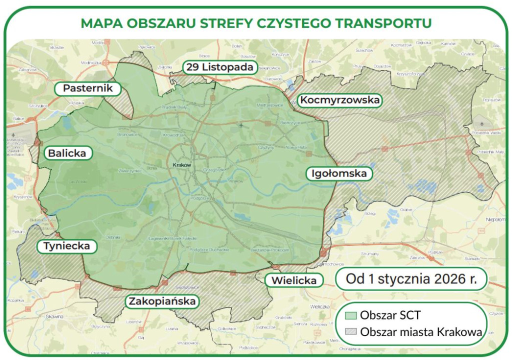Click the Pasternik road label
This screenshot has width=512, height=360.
(88, 89)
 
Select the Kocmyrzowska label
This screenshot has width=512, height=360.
(339, 100)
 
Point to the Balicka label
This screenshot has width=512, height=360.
(67, 153)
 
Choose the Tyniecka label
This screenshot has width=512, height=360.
(66, 246)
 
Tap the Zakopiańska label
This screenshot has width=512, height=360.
(162, 301)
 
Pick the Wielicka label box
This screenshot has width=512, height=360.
(293, 280)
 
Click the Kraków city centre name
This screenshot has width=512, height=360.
(182, 165)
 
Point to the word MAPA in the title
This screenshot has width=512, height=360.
(98, 23)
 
